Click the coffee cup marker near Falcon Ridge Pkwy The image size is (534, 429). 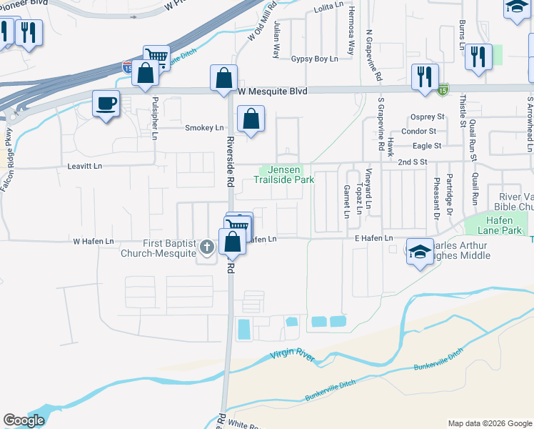106,104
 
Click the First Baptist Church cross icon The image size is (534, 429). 207,248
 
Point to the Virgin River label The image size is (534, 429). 292,354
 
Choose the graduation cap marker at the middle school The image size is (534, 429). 419,250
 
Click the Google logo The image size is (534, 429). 24,420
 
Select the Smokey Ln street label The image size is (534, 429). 204,128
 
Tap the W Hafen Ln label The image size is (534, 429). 94,242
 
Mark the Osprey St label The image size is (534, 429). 428,117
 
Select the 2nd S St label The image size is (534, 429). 412,162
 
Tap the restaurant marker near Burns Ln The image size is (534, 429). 478,56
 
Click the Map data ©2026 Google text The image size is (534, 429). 490,423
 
